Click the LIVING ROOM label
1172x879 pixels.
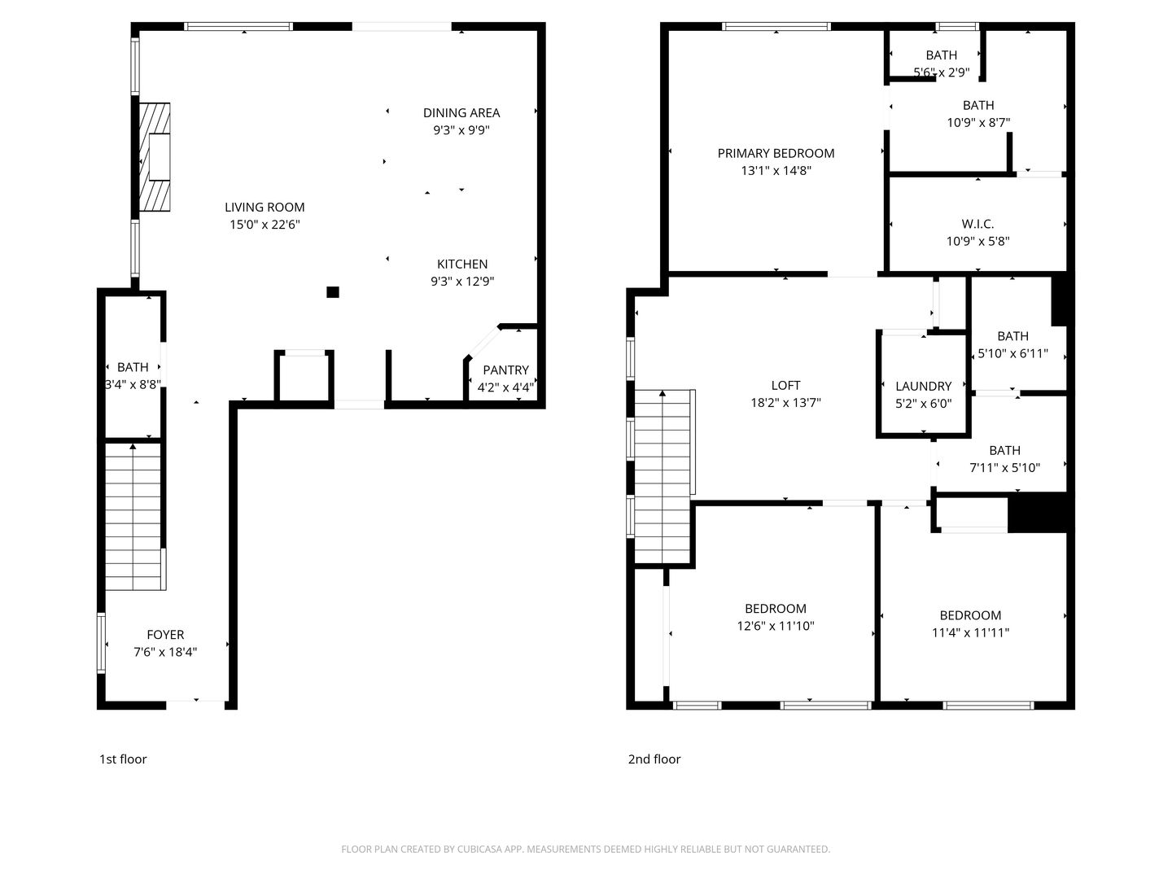265,208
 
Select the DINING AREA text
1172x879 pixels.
461,113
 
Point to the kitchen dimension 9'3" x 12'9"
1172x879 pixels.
462,282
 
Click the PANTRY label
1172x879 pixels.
505,370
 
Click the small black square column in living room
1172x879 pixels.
332,292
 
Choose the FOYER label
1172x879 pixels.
165,635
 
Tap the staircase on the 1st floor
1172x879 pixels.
133,517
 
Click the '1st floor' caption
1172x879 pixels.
123,759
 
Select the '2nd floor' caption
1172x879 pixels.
654,759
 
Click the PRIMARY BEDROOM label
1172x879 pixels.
776,153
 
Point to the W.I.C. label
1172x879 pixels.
977,224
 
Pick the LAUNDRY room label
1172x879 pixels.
923,387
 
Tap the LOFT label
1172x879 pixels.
785,385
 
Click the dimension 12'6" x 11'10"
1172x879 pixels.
776,626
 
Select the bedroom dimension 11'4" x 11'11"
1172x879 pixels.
970,632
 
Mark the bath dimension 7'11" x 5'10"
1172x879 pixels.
1004,468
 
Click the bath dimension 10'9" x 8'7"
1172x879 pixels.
978,123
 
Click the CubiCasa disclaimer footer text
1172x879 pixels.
585,849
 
